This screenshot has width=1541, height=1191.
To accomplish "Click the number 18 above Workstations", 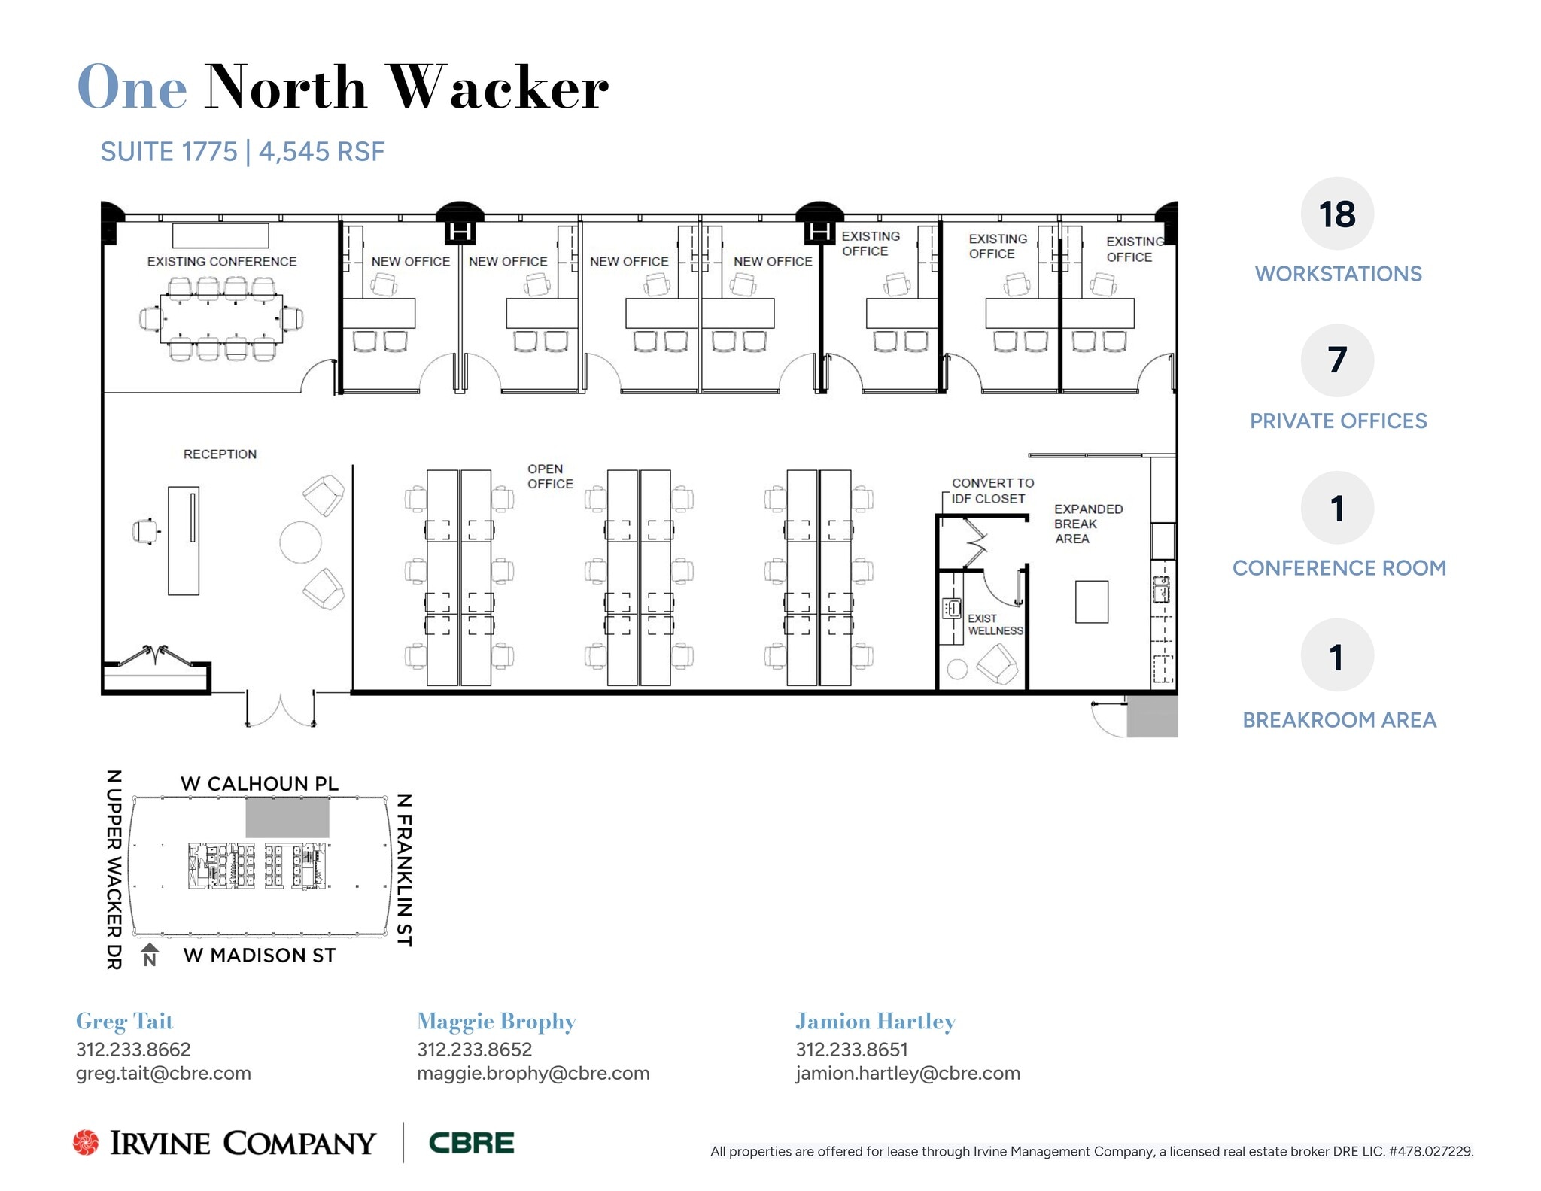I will (1336, 214).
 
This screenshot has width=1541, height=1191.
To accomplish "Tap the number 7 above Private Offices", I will (1336, 360).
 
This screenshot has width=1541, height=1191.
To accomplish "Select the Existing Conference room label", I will (222, 262).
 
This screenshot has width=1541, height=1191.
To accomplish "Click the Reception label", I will (220, 454).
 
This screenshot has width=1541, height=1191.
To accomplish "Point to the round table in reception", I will (300, 542).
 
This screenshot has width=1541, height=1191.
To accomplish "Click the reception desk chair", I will (145, 531).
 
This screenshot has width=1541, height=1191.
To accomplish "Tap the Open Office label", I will (549, 476).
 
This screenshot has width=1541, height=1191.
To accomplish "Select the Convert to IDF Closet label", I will (992, 491).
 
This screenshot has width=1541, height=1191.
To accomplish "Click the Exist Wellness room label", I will (995, 624).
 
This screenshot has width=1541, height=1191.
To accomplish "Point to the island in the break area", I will (1091, 602).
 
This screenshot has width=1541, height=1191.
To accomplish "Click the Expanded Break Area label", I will (1087, 524).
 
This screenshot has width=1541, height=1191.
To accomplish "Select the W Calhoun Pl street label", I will (260, 784).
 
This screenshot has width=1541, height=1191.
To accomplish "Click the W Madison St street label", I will (260, 956).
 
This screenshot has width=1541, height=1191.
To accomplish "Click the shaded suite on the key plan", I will (287, 819).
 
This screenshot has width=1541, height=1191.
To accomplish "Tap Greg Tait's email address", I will (163, 1074).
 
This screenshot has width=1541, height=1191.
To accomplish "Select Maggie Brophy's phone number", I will (474, 1050).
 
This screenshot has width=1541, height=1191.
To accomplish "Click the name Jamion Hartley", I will (875, 1022).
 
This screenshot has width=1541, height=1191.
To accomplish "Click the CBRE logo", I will (471, 1143).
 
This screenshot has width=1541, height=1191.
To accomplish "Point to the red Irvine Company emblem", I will (86, 1143).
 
